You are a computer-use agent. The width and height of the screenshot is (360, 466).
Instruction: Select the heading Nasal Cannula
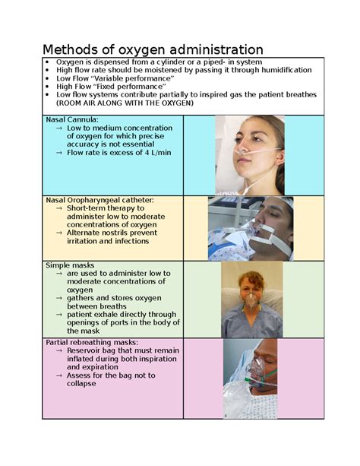72,120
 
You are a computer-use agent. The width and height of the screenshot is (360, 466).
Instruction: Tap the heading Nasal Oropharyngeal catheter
100,200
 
